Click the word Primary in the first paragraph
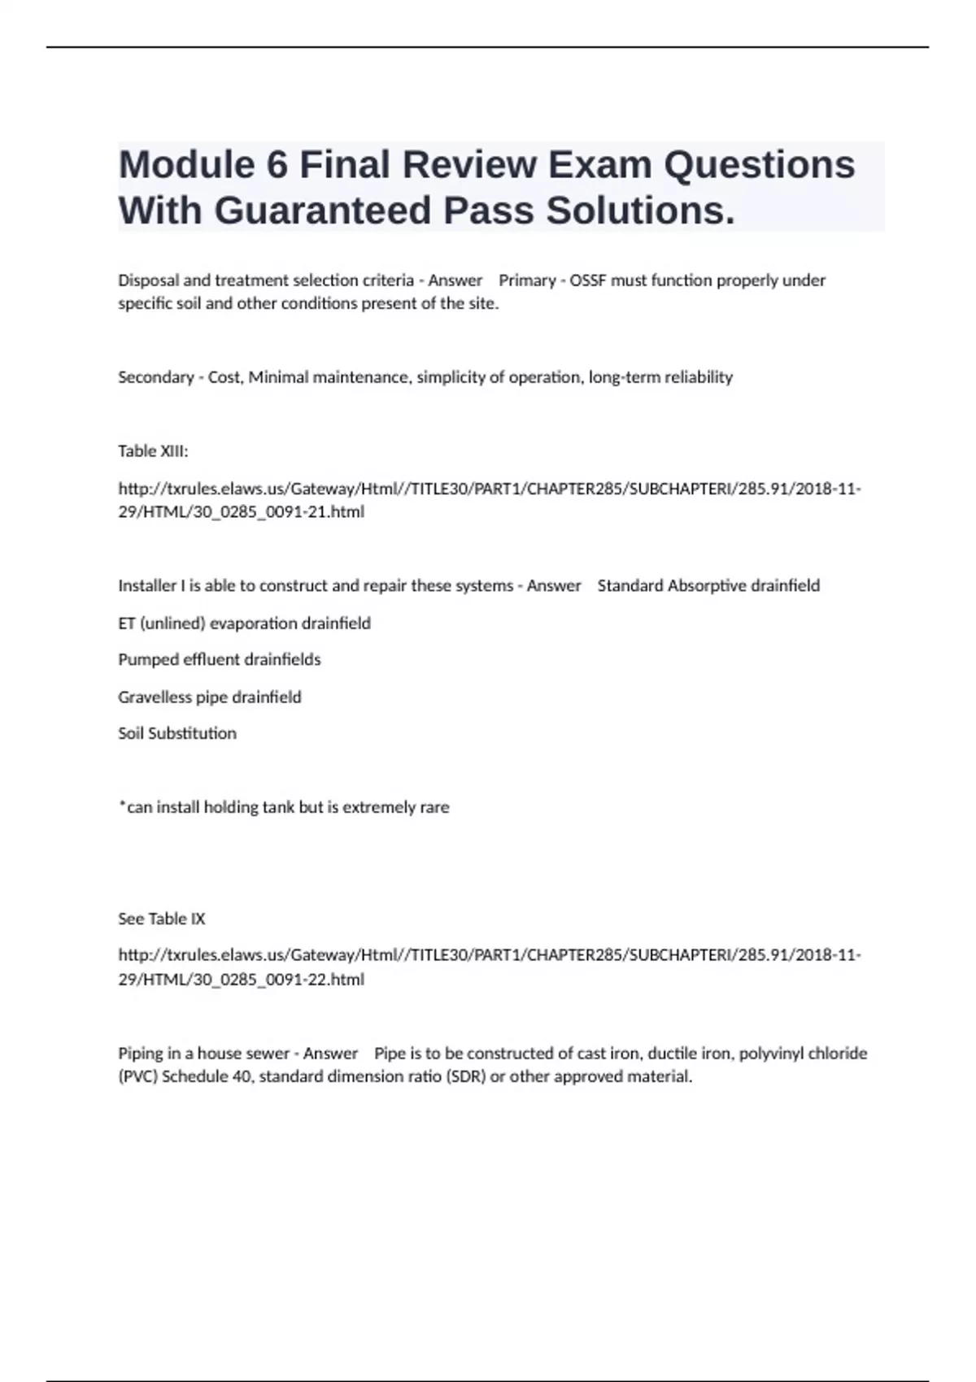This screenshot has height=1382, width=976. coord(527,280)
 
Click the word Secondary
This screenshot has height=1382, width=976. coord(155,377)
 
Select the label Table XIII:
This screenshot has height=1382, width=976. coord(153,451)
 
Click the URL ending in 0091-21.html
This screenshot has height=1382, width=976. coord(489,500)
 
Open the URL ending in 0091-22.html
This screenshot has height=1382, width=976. coord(489,967)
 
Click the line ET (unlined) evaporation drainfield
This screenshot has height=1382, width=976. coord(244,624)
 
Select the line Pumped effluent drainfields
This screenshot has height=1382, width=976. coord(220,659)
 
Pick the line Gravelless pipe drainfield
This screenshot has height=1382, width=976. coord(210,698)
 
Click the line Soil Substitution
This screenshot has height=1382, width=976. coord(177,733)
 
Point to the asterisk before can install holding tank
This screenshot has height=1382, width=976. coord(122,805)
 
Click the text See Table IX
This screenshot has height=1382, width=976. coord(161,919)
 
